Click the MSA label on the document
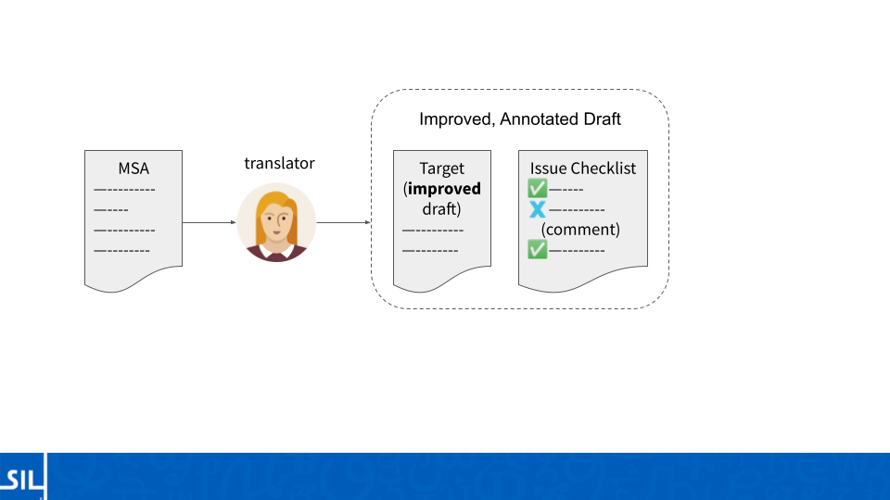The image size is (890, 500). coord(133,169)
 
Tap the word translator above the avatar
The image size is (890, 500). coord(279,163)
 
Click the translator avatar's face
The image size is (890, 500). coord(277,220)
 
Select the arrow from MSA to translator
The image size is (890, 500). coord(209,222)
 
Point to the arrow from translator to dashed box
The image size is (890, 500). coord(343,222)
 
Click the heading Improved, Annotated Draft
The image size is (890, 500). coord(520,119)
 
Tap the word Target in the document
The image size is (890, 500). coord(441,169)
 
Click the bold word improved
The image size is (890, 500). coord(444,189)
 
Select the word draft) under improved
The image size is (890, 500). coord(441,209)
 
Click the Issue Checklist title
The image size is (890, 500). coord(583,169)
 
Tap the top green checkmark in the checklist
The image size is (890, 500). coord(537,188)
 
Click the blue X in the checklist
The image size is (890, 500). coord(537,209)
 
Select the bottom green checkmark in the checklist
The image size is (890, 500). coord(537,249)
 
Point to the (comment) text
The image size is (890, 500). coord(580,230)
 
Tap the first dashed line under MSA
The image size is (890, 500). coord(124,190)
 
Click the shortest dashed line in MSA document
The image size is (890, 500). coord(111,210)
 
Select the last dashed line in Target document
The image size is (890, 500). coord(430,251)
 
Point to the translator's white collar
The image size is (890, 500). coord(277,250)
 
